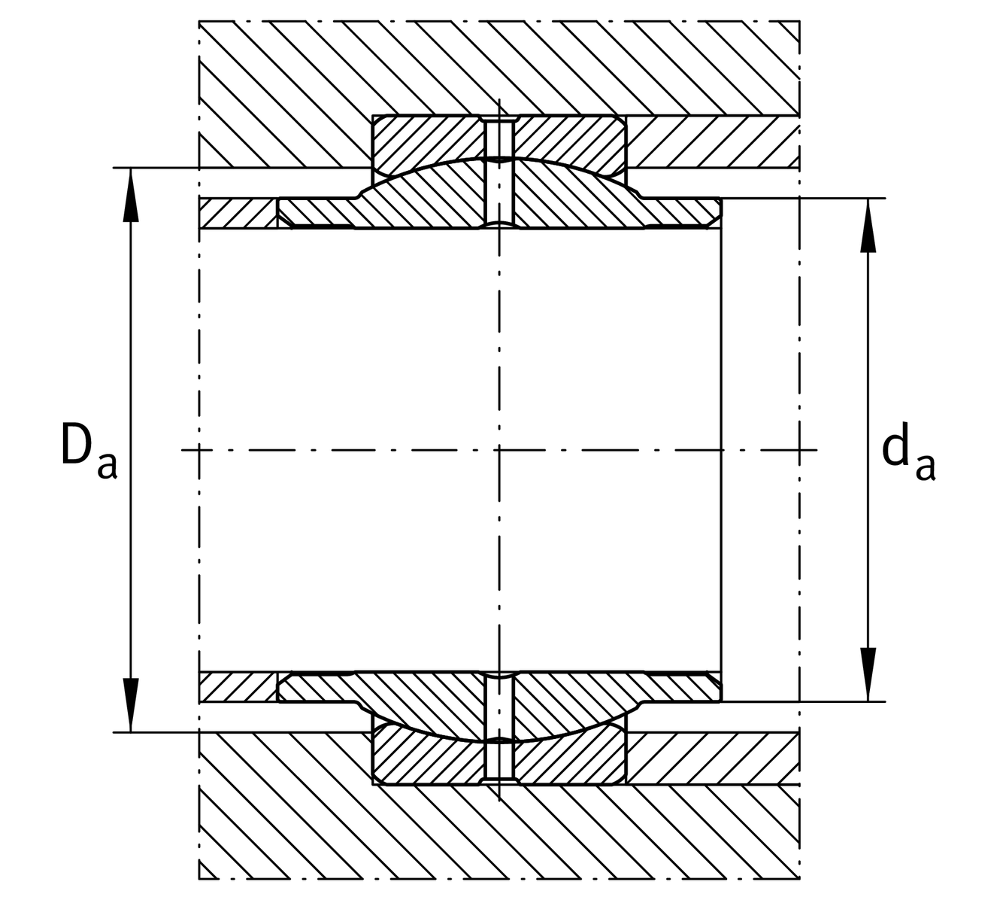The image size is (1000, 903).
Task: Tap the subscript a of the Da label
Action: click(x=108, y=466)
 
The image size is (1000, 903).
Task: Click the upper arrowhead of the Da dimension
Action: click(x=131, y=195)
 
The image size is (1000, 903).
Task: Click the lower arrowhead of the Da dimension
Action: click(x=131, y=705)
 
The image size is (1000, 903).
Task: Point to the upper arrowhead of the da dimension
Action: click(x=868, y=226)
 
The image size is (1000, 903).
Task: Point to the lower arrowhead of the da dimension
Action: click(x=868, y=674)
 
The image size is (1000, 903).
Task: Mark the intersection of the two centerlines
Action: click(x=499, y=450)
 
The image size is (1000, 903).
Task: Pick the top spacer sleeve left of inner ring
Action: click(x=238, y=214)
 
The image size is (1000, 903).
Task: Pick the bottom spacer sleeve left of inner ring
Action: click(x=238, y=687)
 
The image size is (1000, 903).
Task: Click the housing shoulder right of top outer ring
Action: click(x=713, y=142)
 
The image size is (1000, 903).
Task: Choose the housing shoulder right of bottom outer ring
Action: click(x=713, y=759)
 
